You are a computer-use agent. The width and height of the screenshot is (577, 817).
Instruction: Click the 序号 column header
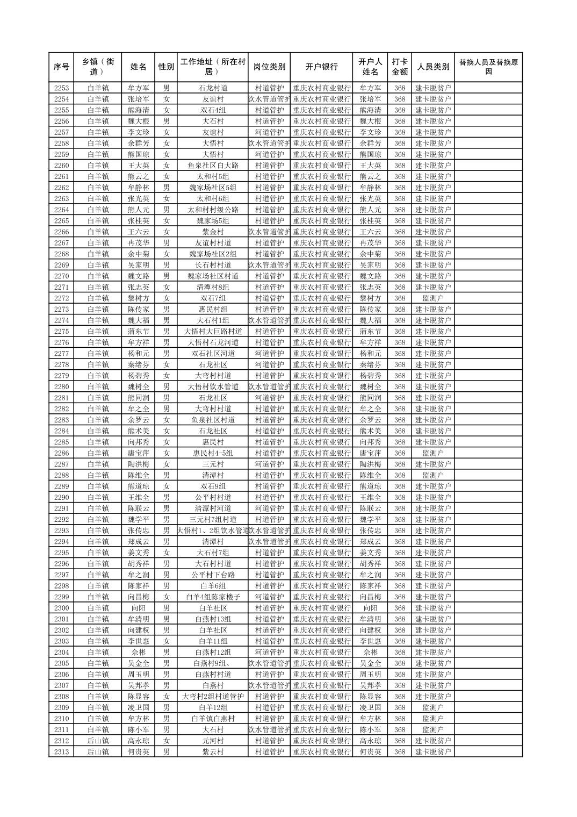point(61,67)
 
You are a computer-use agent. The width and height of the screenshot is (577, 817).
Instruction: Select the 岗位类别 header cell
point(269,67)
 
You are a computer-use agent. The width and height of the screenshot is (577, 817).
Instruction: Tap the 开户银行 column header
point(321,67)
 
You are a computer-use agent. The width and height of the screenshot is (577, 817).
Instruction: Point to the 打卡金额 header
point(399,67)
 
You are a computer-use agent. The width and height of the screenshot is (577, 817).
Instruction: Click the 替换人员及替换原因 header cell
point(488,67)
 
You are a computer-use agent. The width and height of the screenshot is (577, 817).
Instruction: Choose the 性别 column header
point(166,67)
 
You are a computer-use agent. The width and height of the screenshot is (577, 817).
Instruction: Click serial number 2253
point(61,88)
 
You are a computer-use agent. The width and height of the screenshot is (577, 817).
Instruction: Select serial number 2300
point(61,608)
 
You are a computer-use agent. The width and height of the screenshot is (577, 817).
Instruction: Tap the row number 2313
point(61,752)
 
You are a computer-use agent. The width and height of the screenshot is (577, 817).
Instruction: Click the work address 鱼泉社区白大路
point(213,166)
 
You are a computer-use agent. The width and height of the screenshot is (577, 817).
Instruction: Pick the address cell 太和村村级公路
point(213,210)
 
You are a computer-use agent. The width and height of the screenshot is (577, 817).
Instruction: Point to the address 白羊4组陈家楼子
point(213,597)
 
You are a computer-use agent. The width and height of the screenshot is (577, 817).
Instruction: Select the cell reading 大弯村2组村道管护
point(213,697)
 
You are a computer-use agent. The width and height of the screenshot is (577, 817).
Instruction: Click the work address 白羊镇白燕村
point(213,719)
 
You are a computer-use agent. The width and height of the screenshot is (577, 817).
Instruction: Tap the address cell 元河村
point(213,741)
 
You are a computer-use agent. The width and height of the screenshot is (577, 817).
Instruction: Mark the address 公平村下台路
point(213,575)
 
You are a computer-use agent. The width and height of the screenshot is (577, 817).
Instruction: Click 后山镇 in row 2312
point(98,741)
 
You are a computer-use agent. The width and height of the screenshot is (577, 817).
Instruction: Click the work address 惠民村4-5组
point(213,453)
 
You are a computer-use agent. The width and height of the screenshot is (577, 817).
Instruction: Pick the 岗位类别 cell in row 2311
point(269,730)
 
